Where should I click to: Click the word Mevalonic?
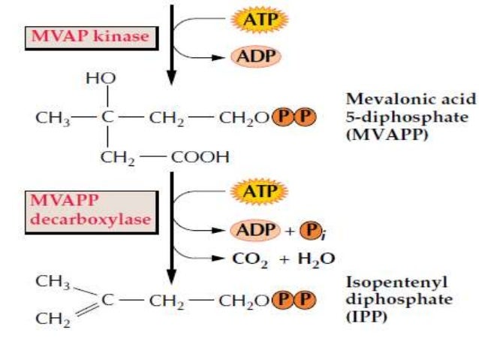point(378,99)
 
